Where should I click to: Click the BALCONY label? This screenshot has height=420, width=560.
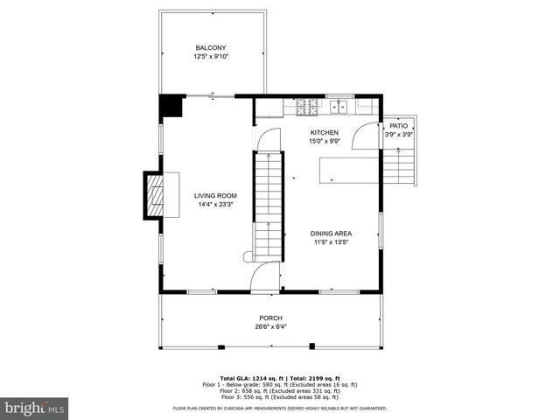(x=210, y=48)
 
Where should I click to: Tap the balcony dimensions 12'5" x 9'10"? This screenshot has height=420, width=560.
(x=210, y=57)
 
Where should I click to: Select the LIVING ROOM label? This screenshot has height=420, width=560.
(x=215, y=196)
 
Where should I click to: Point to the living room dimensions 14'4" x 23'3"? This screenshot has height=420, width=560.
(x=215, y=206)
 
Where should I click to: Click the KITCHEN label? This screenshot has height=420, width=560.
(x=324, y=132)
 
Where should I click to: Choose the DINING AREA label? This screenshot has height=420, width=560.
(x=331, y=234)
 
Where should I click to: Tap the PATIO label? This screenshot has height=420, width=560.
(x=399, y=125)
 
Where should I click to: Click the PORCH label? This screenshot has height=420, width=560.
(x=270, y=318)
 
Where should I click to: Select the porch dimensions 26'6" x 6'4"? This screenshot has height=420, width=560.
(x=270, y=327)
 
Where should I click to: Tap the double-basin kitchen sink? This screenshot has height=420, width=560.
(x=340, y=107)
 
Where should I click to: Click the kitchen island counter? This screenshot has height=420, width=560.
(x=348, y=169)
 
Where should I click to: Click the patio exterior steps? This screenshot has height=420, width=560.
(x=402, y=164)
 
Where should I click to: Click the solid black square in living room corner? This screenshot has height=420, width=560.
(x=170, y=106)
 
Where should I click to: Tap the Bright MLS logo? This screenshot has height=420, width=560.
(x=35, y=408)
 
